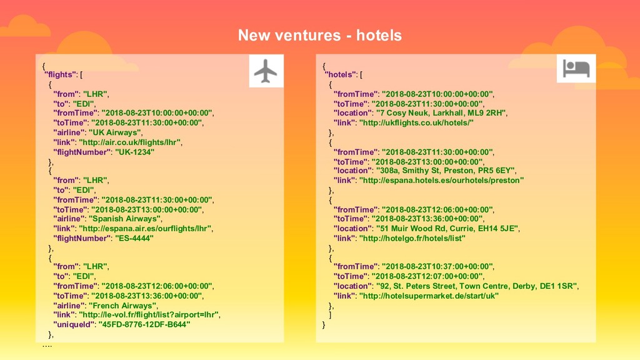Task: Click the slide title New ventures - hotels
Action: tap(319, 35)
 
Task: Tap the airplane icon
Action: tap(266, 71)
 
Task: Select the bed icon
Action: tap(576, 68)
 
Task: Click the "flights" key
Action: tap(59, 75)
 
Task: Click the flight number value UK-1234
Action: tap(134, 152)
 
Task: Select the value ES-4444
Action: tap(134, 238)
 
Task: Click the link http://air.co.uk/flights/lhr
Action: tap(130, 142)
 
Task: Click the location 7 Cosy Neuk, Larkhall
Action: tap(441, 113)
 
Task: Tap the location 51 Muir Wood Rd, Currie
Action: tap(447, 229)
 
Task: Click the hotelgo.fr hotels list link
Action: tap(412, 238)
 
